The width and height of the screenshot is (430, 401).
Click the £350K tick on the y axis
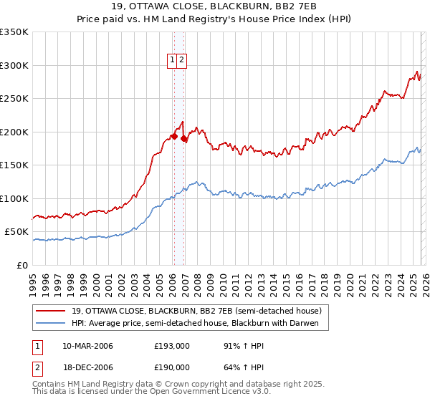click(x=14, y=32)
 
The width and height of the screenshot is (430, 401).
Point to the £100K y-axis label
click(x=14, y=199)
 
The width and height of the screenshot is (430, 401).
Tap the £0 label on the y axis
click(x=23, y=266)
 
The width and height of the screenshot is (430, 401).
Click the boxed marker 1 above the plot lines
click(x=173, y=61)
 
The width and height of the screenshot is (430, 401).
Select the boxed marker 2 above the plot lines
click(x=182, y=61)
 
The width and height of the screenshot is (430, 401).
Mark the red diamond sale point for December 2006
click(x=184, y=138)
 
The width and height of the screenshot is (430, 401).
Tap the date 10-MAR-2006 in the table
click(x=87, y=346)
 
